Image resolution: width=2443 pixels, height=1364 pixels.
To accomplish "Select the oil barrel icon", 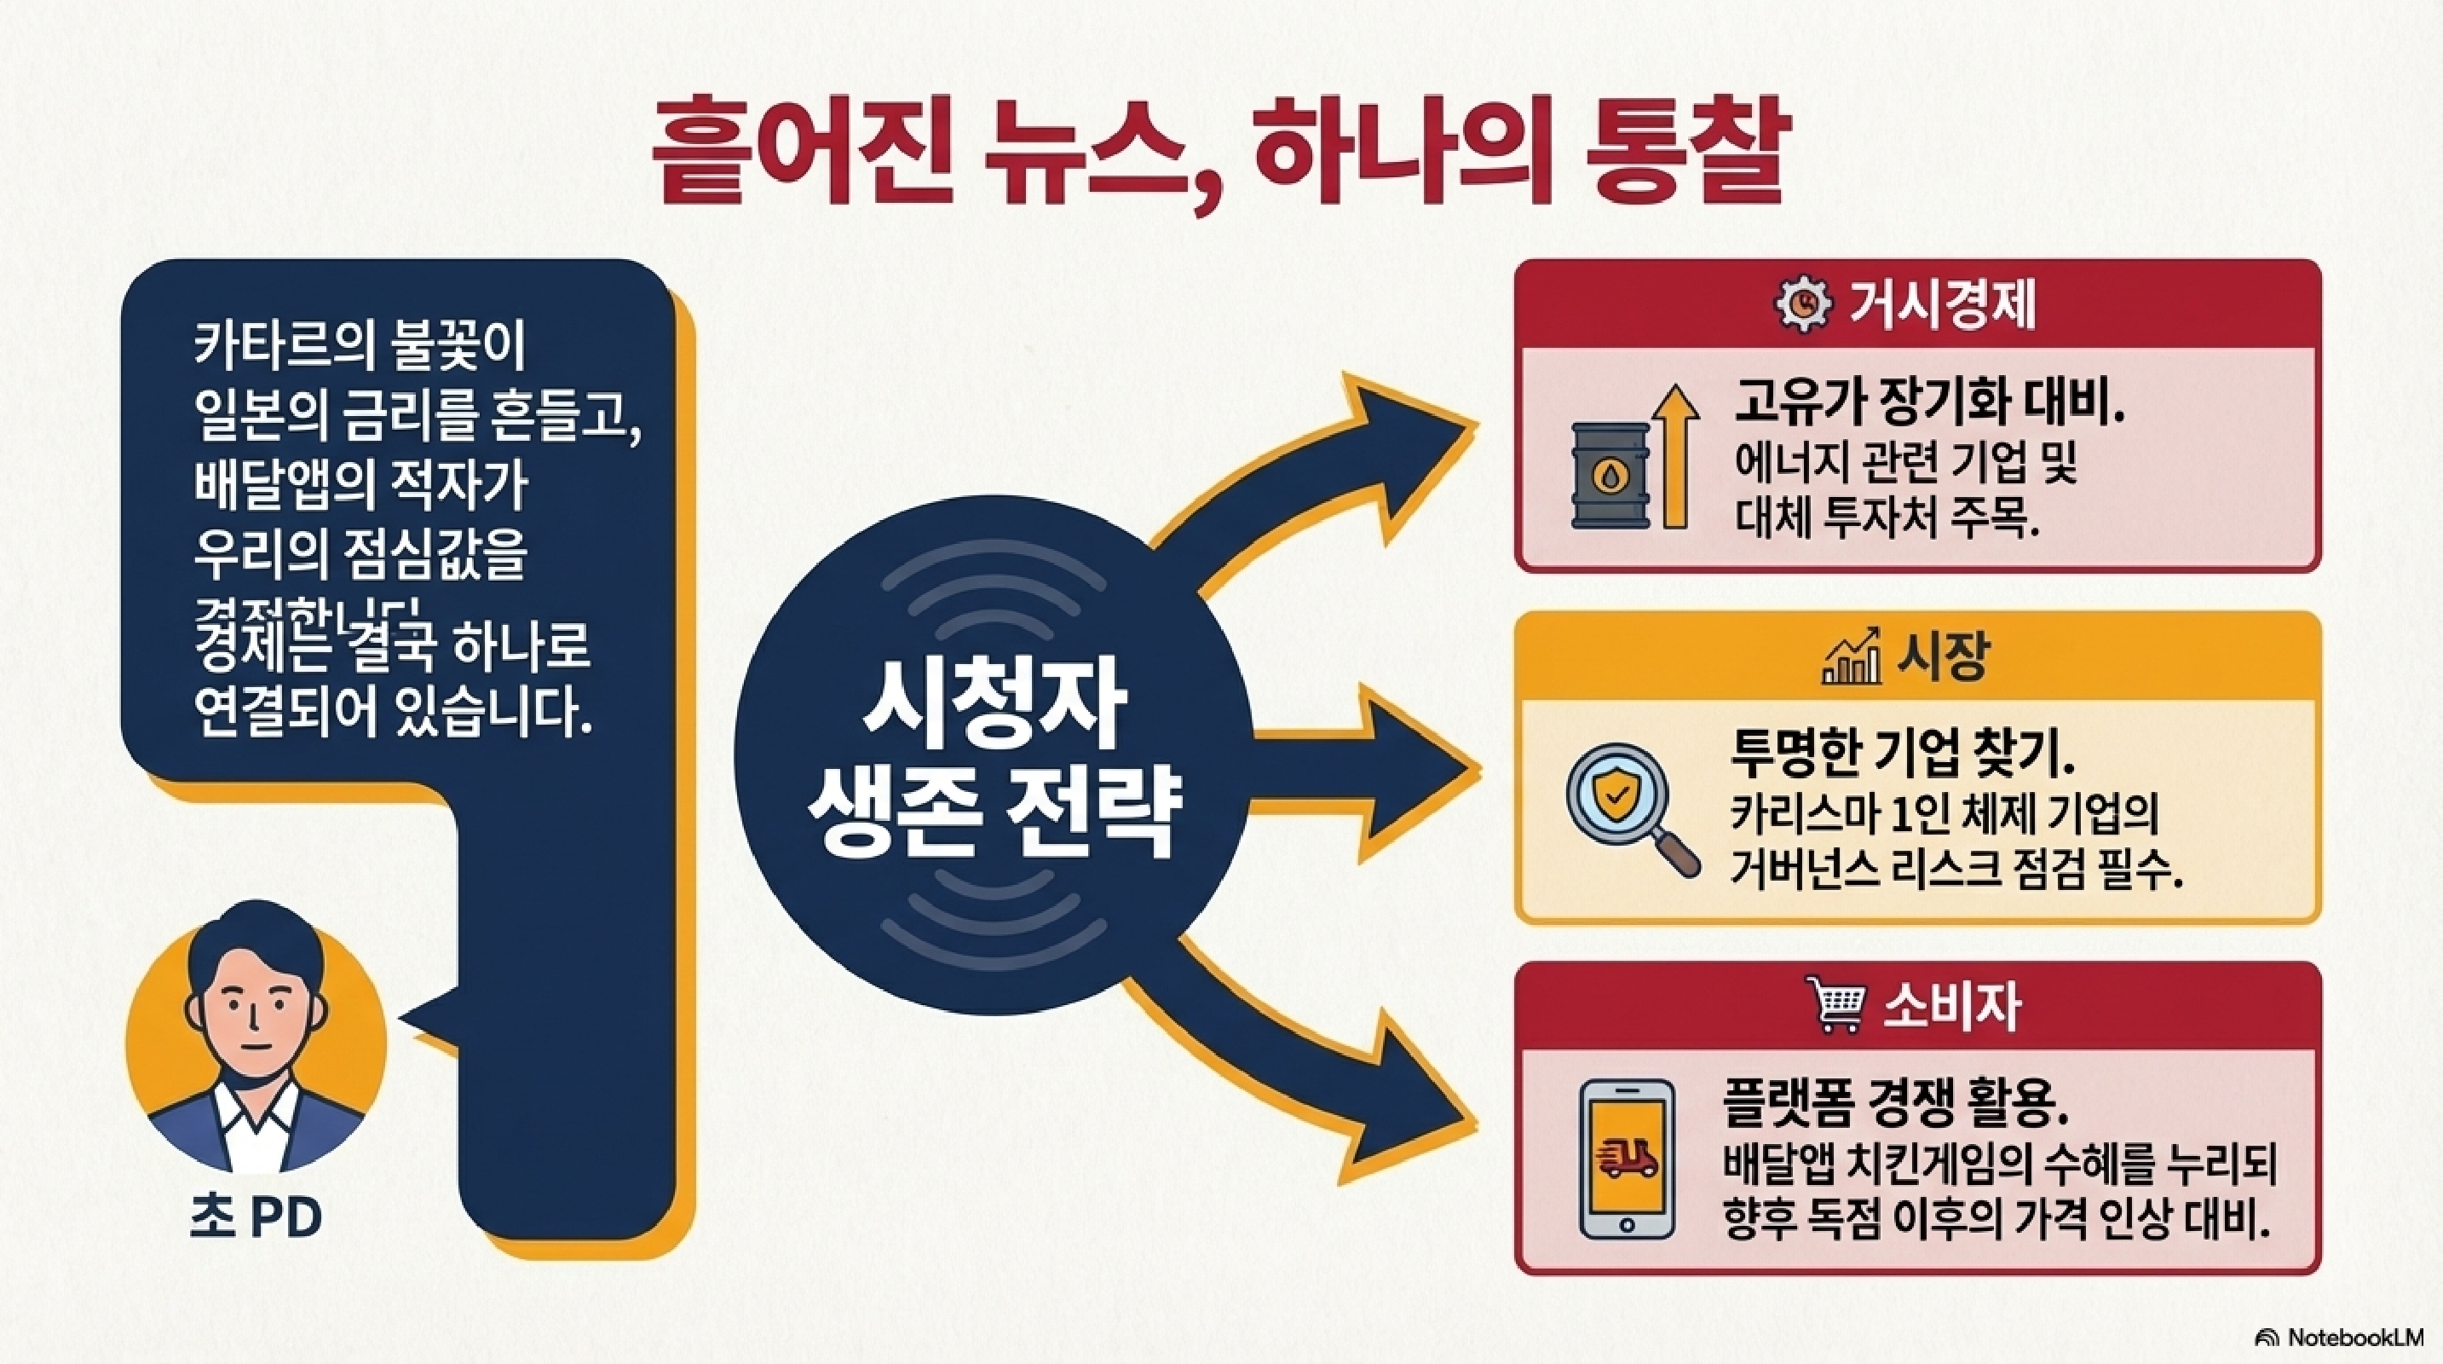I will [x=1610, y=474].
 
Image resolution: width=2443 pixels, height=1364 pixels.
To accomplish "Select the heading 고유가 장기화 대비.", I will [x=1927, y=405].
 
